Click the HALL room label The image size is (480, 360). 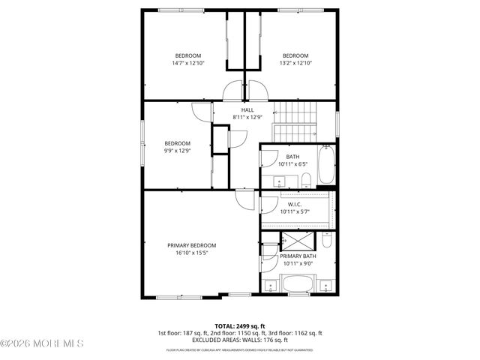pos(247,110)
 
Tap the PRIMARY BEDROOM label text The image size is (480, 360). pos(192,245)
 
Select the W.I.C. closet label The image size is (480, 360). pos(295,204)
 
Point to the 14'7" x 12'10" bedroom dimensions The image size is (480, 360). pos(188,63)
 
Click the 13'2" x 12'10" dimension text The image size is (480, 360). pos(295,63)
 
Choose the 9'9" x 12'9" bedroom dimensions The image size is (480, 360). pos(178,151)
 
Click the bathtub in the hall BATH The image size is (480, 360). pos(326,166)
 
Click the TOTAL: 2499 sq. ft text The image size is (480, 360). pos(240,325)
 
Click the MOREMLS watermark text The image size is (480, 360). pos(43,343)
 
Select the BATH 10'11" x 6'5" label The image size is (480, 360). pos(292,160)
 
